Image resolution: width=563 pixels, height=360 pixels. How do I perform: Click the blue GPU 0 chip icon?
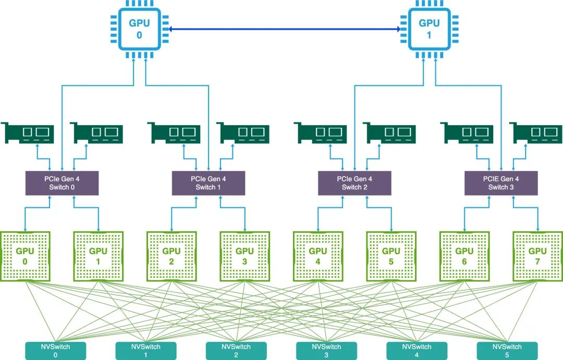(139, 29)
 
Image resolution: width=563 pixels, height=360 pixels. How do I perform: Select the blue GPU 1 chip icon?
(429, 29)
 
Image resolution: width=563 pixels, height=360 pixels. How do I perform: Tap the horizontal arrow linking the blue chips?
(285, 29)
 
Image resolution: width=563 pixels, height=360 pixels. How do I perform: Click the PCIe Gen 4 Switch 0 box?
(62, 183)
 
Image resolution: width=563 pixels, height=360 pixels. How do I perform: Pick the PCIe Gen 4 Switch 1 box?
(208, 183)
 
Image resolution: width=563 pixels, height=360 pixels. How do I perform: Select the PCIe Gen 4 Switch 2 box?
(354, 183)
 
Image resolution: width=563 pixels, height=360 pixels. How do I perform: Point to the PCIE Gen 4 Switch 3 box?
(501, 183)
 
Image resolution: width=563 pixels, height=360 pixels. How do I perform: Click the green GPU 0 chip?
(25, 256)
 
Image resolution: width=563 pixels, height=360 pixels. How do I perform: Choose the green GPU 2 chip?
(172, 256)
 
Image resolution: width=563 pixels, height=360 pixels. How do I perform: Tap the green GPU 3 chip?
(244, 256)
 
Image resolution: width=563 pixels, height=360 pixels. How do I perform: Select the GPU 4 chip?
(318, 256)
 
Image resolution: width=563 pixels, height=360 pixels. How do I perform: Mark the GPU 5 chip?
(391, 256)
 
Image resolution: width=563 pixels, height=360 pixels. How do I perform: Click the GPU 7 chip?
(537, 256)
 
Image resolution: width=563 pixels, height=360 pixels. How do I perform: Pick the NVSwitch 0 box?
(55, 351)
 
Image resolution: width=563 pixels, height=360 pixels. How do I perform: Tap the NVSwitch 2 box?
(236, 351)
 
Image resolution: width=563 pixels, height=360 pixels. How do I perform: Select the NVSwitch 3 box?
(326, 351)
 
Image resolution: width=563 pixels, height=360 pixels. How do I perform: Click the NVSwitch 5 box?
(507, 351)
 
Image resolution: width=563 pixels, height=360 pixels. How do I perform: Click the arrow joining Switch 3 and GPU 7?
(525, 207)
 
